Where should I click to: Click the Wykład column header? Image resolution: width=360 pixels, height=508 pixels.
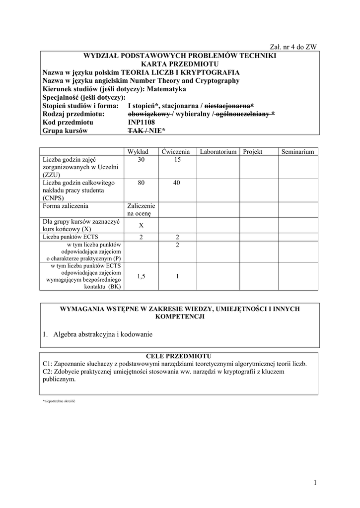coord(142,151)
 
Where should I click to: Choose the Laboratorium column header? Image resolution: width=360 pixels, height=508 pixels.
coord(218,151)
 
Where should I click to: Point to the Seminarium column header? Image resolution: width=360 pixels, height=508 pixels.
coord(297,151)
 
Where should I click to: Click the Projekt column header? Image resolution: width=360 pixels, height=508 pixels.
coord(252,151)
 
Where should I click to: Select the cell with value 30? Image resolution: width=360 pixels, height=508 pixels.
coord(142,160)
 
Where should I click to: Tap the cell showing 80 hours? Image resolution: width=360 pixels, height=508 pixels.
coord(142,183)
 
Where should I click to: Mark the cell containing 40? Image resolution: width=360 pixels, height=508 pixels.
coord(177,183)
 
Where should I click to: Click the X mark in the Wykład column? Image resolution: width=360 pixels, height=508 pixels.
coord(142,225)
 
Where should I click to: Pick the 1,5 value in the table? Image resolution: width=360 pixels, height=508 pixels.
coord(142,276)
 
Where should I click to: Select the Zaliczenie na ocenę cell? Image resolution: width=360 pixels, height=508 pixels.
coord(142,210)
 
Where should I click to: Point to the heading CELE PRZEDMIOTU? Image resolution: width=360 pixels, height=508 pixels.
coord(179,356)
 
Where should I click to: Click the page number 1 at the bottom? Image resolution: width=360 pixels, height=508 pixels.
coord(315,483)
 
